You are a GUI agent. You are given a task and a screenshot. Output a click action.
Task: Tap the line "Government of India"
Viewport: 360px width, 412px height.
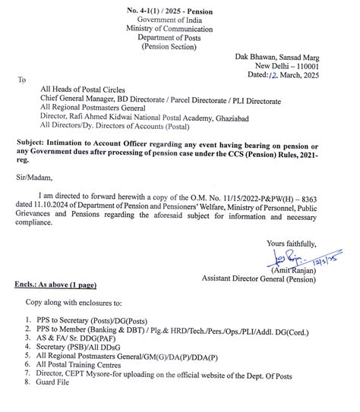(x=179, y=20)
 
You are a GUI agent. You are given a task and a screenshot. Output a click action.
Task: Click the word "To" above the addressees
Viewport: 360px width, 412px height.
(x=22, y=78)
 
